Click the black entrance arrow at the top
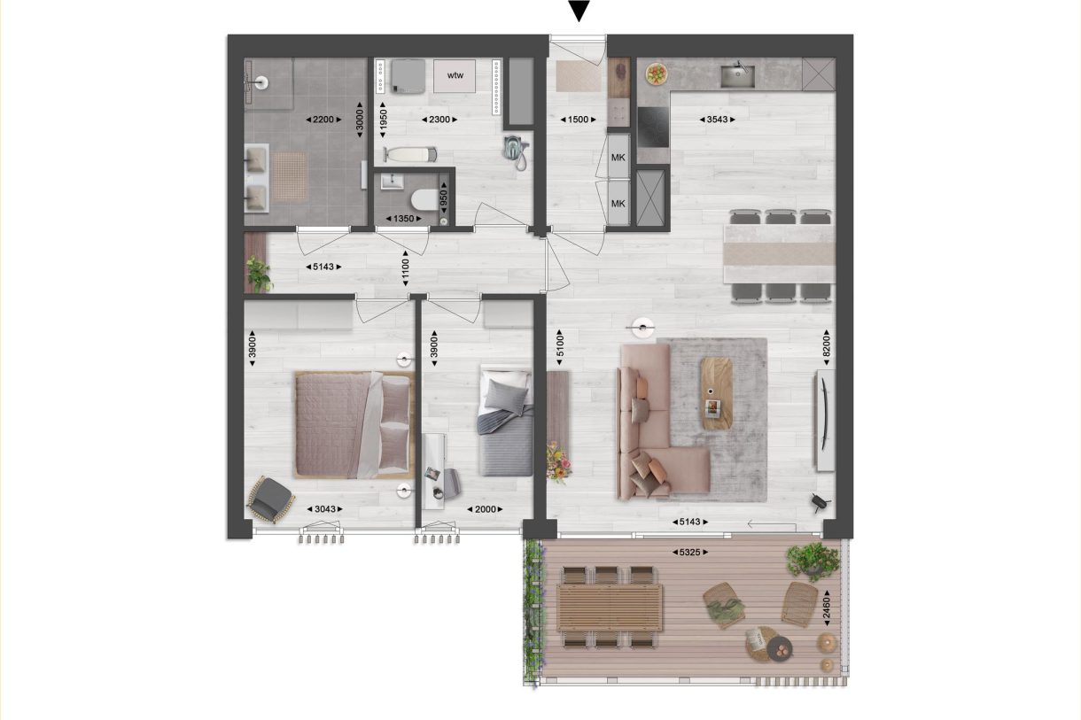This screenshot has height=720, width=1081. [579, 11]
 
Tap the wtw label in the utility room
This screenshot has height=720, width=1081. [455, 74]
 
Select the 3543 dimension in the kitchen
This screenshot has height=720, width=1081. [718, 119]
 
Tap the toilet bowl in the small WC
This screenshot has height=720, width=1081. [426, 198]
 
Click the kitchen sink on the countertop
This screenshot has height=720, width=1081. [737, 75]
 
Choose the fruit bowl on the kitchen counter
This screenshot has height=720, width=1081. [657, 73]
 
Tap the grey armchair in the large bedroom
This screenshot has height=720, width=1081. [269, 499]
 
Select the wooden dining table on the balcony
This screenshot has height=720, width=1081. [610, 608]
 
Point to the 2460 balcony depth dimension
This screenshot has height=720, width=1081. [826, 609]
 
